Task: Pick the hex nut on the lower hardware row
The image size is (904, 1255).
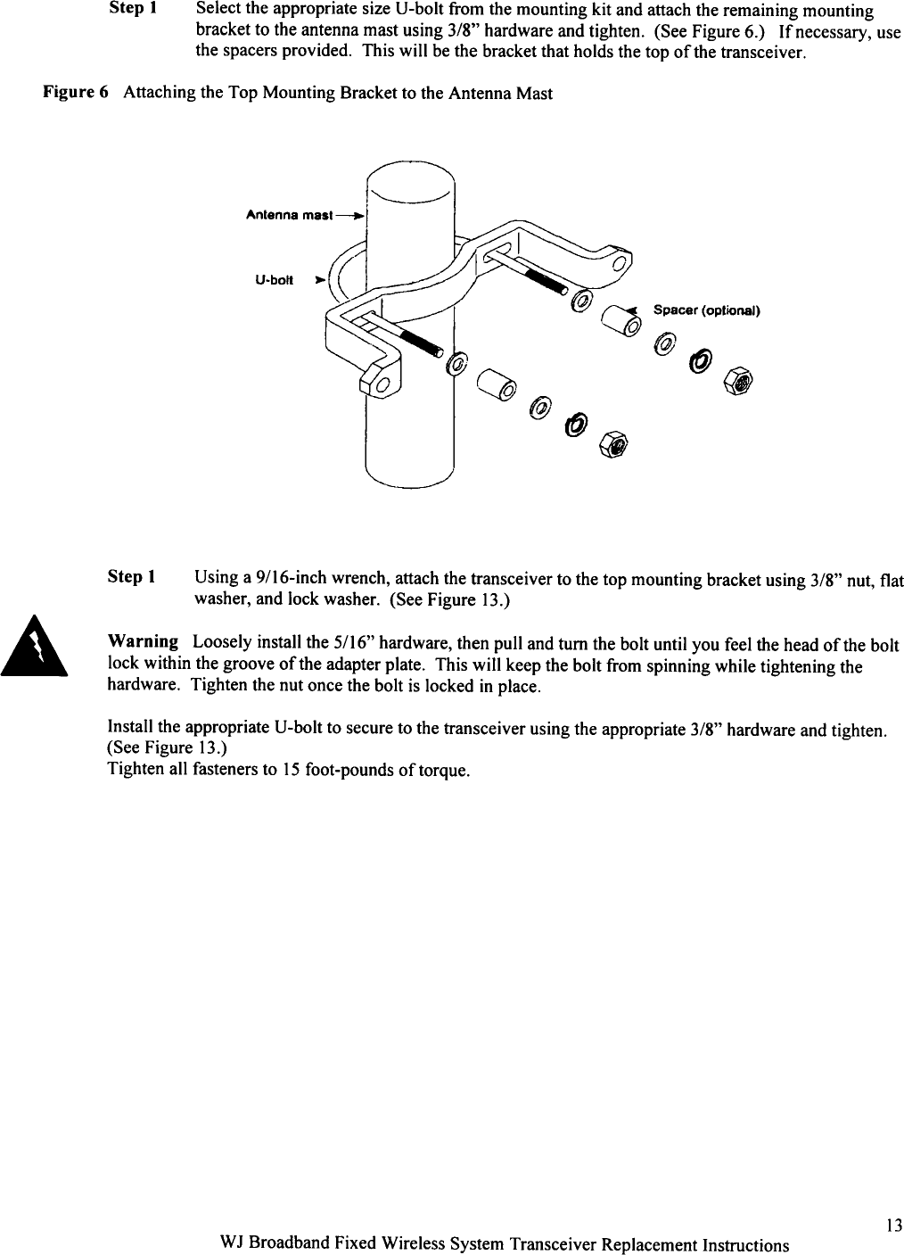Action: pos(614,441)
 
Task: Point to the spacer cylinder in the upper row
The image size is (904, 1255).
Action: pos(621,318)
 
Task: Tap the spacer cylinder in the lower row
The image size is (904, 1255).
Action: pos(496,385)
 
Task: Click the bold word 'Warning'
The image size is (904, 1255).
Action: pos(143,642)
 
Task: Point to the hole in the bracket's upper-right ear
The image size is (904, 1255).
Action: pos(619,262)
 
